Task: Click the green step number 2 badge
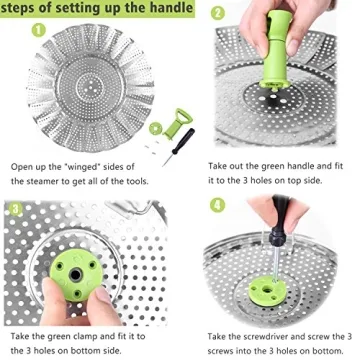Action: point(217,15)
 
